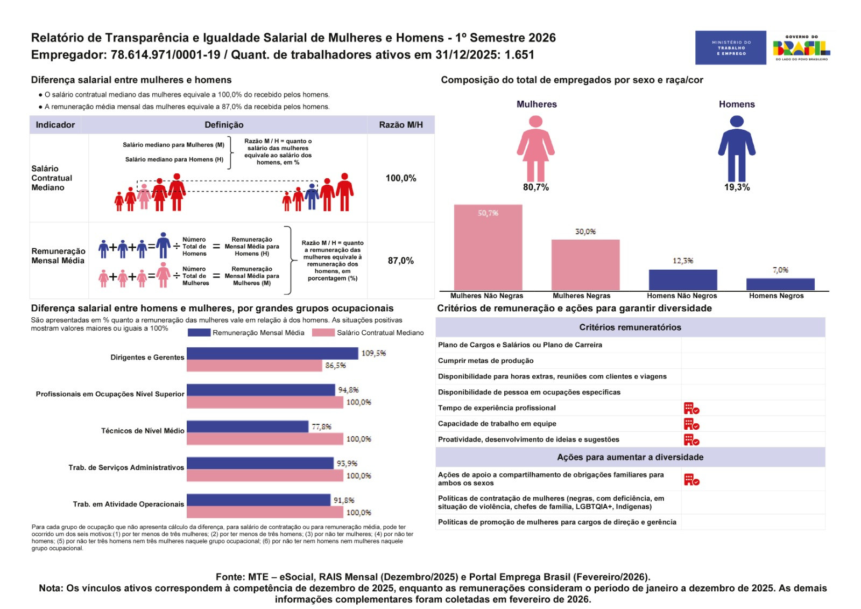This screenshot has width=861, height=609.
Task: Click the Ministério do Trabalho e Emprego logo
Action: coord(730,47)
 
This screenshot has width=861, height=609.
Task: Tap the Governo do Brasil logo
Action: coord(801,48)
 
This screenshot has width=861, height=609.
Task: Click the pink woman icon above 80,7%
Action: coord(535,148)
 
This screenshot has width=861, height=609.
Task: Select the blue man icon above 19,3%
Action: coord(737,148)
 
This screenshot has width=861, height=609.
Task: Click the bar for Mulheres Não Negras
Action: coord(488,248)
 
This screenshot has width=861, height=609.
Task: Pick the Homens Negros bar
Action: coord(780,284)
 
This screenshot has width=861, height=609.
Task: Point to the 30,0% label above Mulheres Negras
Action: coord(585,232)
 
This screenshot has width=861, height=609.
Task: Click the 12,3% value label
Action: coord(683,261)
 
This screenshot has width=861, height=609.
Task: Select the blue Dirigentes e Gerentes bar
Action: coord(272,353)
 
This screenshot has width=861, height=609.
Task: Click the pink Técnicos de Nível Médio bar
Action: coord(265,439)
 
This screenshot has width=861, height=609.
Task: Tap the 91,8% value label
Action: coord(344,500)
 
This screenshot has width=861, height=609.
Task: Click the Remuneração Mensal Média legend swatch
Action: coord(199,333)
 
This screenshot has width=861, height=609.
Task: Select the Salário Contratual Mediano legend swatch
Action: coord(323,333)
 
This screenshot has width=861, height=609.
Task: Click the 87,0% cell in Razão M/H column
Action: coord(401,261)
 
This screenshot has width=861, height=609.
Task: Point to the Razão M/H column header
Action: coord(401,125)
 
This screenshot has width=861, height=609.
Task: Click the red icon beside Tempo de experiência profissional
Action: coord(691,408)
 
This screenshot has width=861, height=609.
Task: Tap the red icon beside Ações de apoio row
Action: coord(691,479)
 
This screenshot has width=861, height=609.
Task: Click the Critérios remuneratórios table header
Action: coord(630,327)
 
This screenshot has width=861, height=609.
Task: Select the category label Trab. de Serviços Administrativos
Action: coord(126,467)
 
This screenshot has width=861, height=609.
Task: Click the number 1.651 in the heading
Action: coord(519,55)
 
